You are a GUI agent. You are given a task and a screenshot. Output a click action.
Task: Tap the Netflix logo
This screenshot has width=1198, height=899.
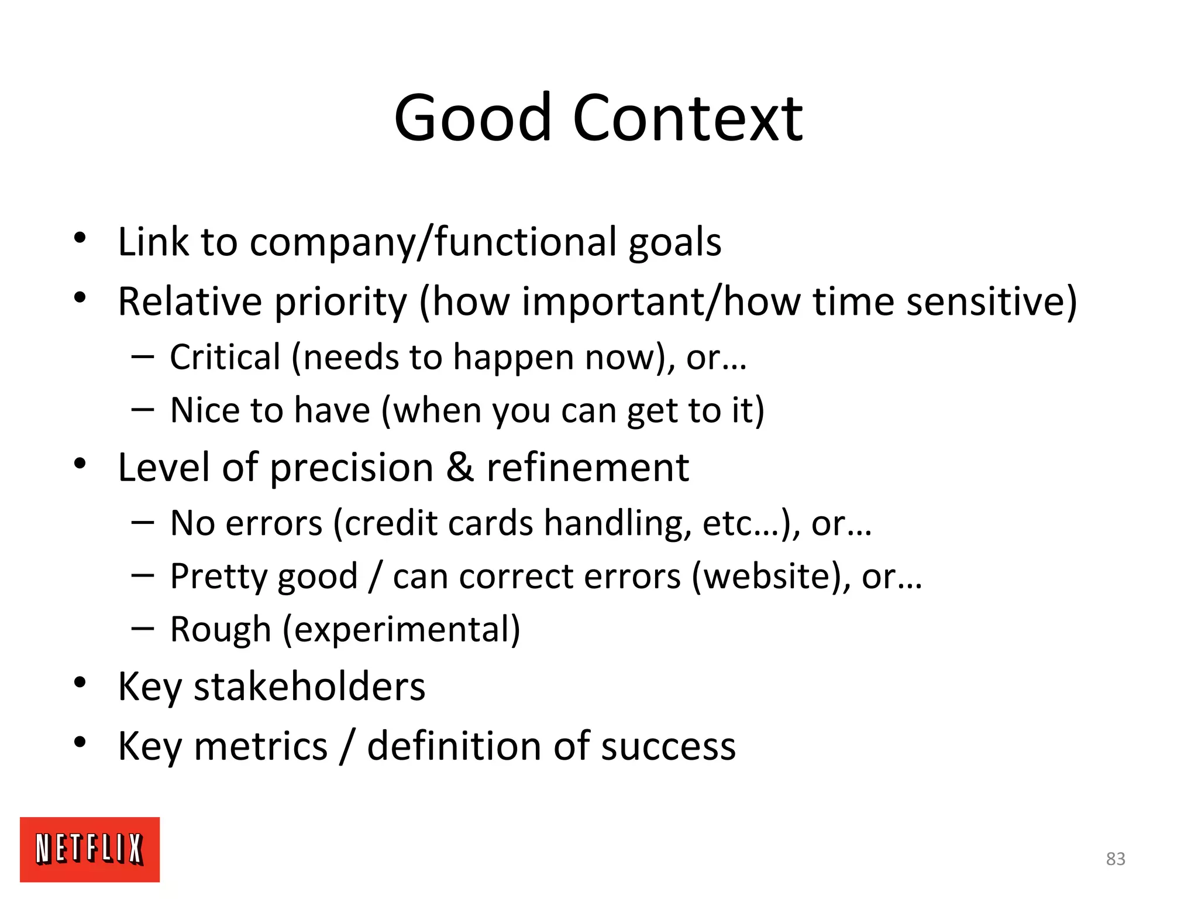coord(89,849)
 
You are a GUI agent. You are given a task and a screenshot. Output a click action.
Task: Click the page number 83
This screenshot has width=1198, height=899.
coord(1116,859)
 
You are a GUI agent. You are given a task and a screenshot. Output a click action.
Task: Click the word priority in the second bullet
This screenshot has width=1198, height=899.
coord(340,302)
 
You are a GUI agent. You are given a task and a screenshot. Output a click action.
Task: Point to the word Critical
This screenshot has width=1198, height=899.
coord(225,357)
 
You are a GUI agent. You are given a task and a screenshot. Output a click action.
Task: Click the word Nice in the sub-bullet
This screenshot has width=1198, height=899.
coord(204,410)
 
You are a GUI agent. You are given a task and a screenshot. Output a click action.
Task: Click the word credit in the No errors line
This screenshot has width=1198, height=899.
coord(385,523)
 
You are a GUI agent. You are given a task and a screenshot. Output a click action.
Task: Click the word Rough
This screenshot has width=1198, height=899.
coord(221,630)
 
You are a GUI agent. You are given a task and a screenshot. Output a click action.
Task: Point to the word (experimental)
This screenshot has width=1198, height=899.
coord(402,630)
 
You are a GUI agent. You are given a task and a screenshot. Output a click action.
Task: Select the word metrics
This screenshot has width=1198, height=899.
coord(260,746)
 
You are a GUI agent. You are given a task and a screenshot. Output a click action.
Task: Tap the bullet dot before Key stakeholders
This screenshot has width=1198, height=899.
coord(80,682)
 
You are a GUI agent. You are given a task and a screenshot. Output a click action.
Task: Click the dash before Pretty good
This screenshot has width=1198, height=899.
coord(143,576)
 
